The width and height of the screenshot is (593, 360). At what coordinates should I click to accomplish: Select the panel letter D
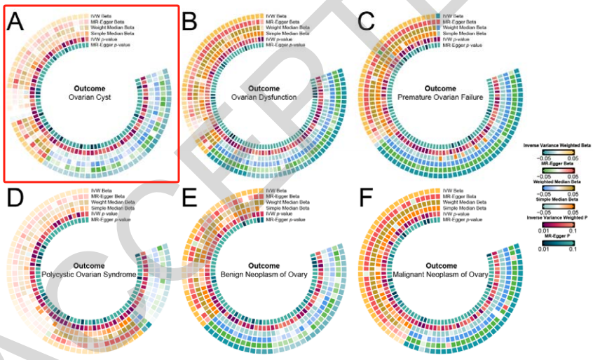(x=17, y=200)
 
